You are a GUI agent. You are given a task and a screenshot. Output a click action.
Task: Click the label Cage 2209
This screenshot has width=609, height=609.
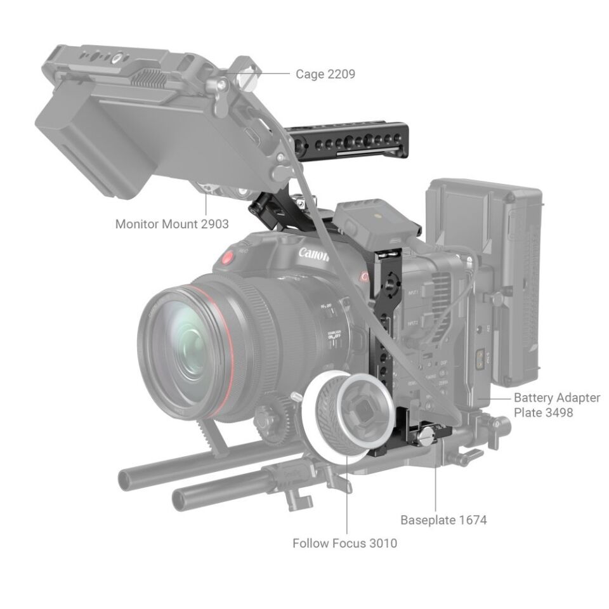click(325, 74)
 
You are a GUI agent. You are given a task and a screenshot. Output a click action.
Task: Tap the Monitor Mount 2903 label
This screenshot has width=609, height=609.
click(172, 224)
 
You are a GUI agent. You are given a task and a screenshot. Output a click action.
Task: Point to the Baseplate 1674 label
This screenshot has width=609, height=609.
click(443, 520)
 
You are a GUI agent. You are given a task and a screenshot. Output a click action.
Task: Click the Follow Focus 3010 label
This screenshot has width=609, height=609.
click(344, 543)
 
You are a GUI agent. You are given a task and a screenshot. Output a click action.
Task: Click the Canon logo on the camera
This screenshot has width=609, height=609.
click(313, 255)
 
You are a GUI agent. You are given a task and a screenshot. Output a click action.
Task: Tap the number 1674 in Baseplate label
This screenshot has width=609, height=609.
click(472, 520)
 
